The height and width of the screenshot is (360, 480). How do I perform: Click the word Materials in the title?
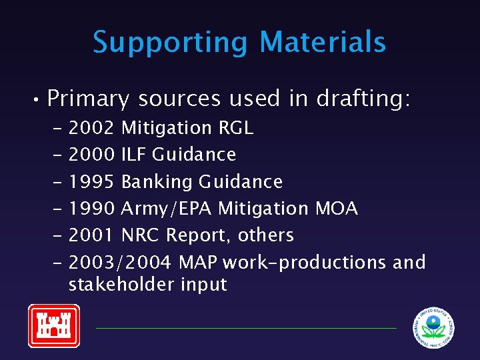(x=323, y=41)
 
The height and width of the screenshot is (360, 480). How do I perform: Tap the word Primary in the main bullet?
(x=88, y=99)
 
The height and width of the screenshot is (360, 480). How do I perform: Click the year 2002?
(x=92, y=127)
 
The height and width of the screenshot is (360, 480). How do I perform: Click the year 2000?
(x=92, y=155)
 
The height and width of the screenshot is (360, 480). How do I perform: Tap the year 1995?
(x=92, y=181)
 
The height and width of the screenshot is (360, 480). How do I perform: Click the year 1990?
(x=92, y=209)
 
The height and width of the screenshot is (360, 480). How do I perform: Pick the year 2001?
(x=92, y=235)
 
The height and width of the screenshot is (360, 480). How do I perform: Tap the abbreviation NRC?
(x=141, y=235)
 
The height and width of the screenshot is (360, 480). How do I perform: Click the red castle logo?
(x=53, y=326)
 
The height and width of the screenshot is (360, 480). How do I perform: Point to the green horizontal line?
(x=246, y=328)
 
